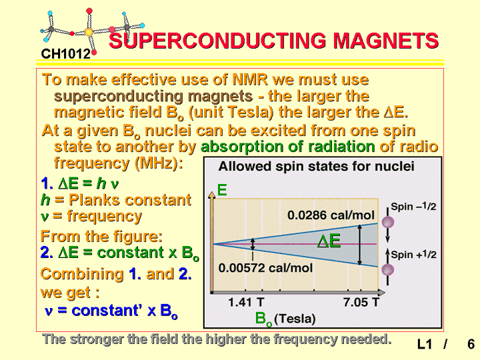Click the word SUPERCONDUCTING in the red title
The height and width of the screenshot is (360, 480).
click(218, 41)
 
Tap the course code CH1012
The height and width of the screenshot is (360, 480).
click(66, 54)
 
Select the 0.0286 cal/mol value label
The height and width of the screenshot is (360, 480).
click(331, 215)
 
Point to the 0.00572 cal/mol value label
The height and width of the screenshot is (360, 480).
click(265, 268)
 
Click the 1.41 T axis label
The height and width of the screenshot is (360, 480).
click(246, 303)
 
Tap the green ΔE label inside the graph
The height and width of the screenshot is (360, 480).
click(329, 241)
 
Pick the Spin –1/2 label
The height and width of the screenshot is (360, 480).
click(413, 207)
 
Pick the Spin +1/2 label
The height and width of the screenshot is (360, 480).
click(413, 255)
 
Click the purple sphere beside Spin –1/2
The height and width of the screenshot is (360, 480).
click(388, 222)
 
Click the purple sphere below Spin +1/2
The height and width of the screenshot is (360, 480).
click(388, 270)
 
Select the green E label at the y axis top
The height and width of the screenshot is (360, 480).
click(222, 190)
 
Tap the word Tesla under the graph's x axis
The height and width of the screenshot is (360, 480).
click(295, 319)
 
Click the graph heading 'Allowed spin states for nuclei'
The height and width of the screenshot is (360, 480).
click(316, 167)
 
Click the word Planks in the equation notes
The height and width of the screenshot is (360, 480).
click(93, 200)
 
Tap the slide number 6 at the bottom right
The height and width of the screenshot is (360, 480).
click(471, 344)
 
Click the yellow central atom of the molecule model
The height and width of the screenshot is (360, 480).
click(88, 32)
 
